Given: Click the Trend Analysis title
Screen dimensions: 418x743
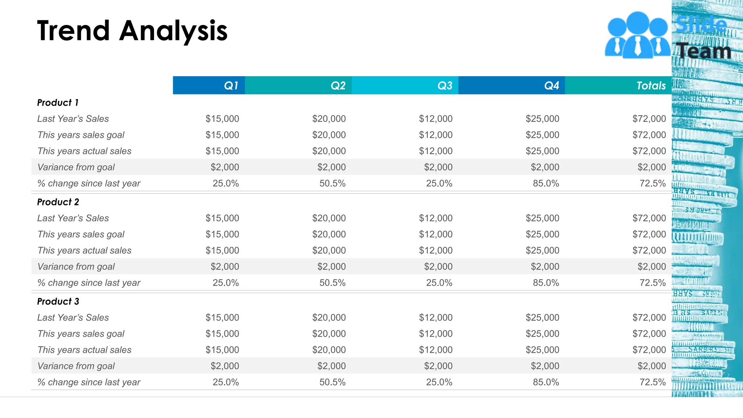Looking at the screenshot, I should tap(132, 31).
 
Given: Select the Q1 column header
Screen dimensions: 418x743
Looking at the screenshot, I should tap(231, 86).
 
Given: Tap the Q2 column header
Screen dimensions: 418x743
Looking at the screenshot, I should tap(338, 86).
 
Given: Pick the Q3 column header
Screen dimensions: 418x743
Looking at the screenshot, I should tap(444, 86).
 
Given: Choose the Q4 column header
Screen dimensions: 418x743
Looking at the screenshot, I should tap(551, 86).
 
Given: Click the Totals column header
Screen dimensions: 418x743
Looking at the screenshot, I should tap(651, 86).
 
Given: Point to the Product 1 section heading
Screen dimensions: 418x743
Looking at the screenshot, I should tap(58, 103).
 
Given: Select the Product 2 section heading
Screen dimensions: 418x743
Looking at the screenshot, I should tap(58, 202).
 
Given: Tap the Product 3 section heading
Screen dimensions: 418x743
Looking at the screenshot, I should tap(58, 302).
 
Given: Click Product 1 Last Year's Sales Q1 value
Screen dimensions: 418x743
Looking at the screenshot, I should tap(222, 119).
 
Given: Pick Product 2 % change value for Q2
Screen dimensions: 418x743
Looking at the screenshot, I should tap(332, 283).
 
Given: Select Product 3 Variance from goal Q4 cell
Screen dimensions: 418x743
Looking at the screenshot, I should tap(545, 366).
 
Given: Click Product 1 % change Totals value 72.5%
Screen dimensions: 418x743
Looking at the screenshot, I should tap(652, 183).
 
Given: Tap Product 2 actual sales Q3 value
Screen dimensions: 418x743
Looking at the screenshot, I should tap(436, 250).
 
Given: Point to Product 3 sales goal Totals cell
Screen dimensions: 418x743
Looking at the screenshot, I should tap(649, 333).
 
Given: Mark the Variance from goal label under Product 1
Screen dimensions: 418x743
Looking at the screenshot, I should tap(76, 167).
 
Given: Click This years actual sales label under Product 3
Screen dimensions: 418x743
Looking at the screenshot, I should tap(84, 350).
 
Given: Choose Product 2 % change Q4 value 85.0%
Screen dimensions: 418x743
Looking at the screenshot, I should tap(546, 283).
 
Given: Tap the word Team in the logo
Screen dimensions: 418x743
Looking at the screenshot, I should tap(704, 51).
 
